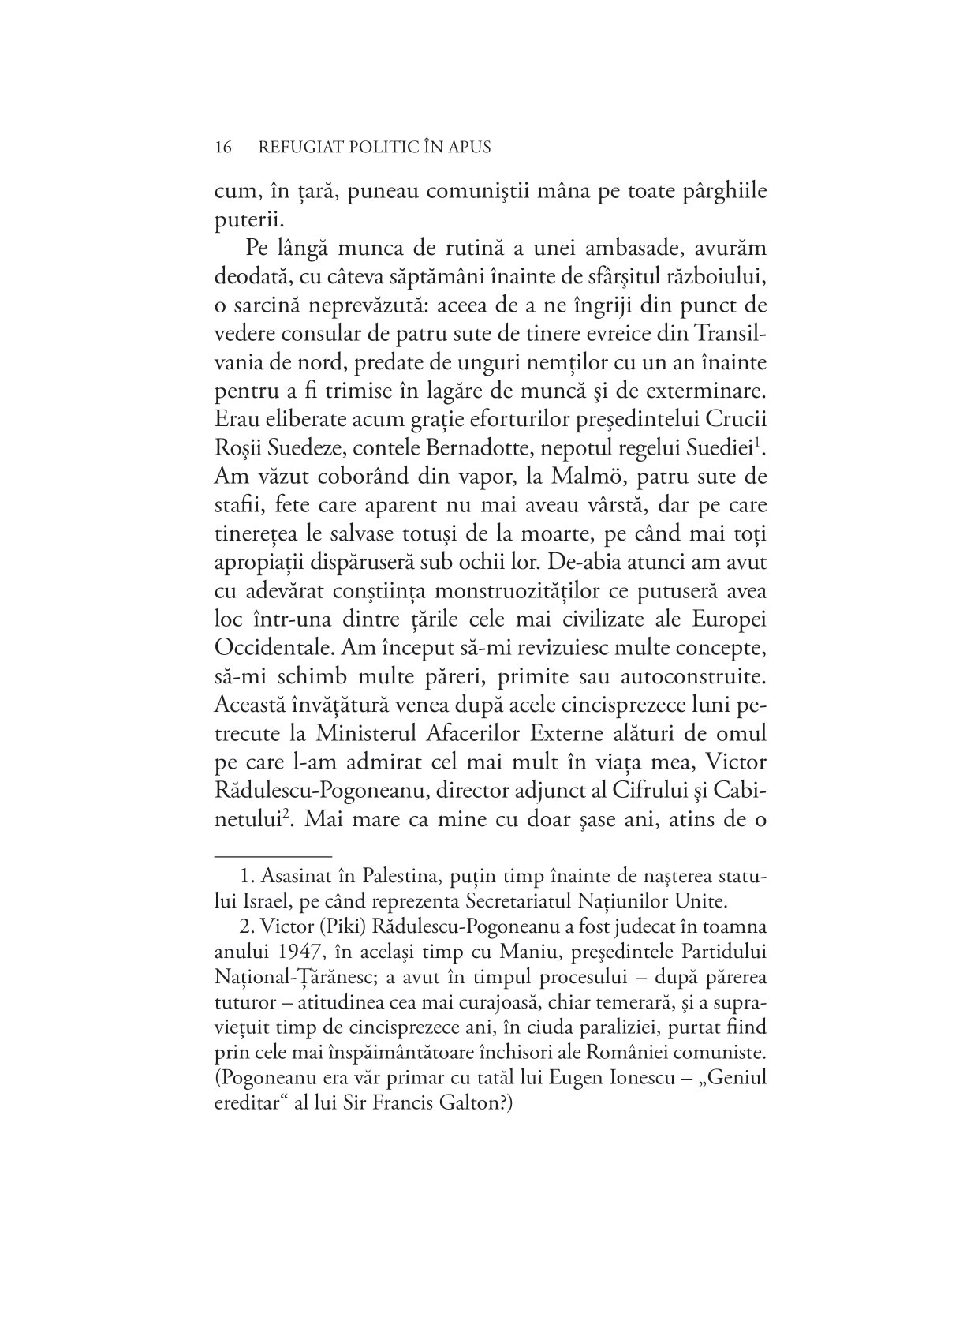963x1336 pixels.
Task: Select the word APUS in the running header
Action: (468, 148)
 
